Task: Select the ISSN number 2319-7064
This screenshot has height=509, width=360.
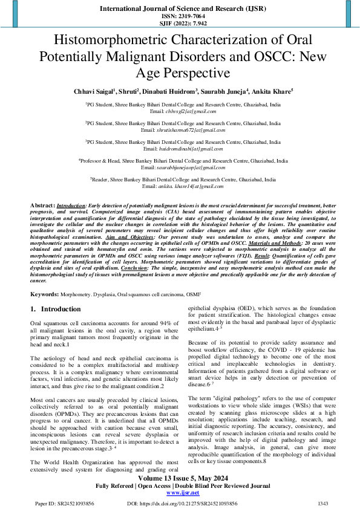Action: click(x=180, y=16)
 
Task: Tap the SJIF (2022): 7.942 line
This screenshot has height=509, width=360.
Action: click(x=180, y=24)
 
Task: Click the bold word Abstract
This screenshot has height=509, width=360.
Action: click(x=42, y=206)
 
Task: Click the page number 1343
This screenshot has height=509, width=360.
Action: click(x=324, y=503)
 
